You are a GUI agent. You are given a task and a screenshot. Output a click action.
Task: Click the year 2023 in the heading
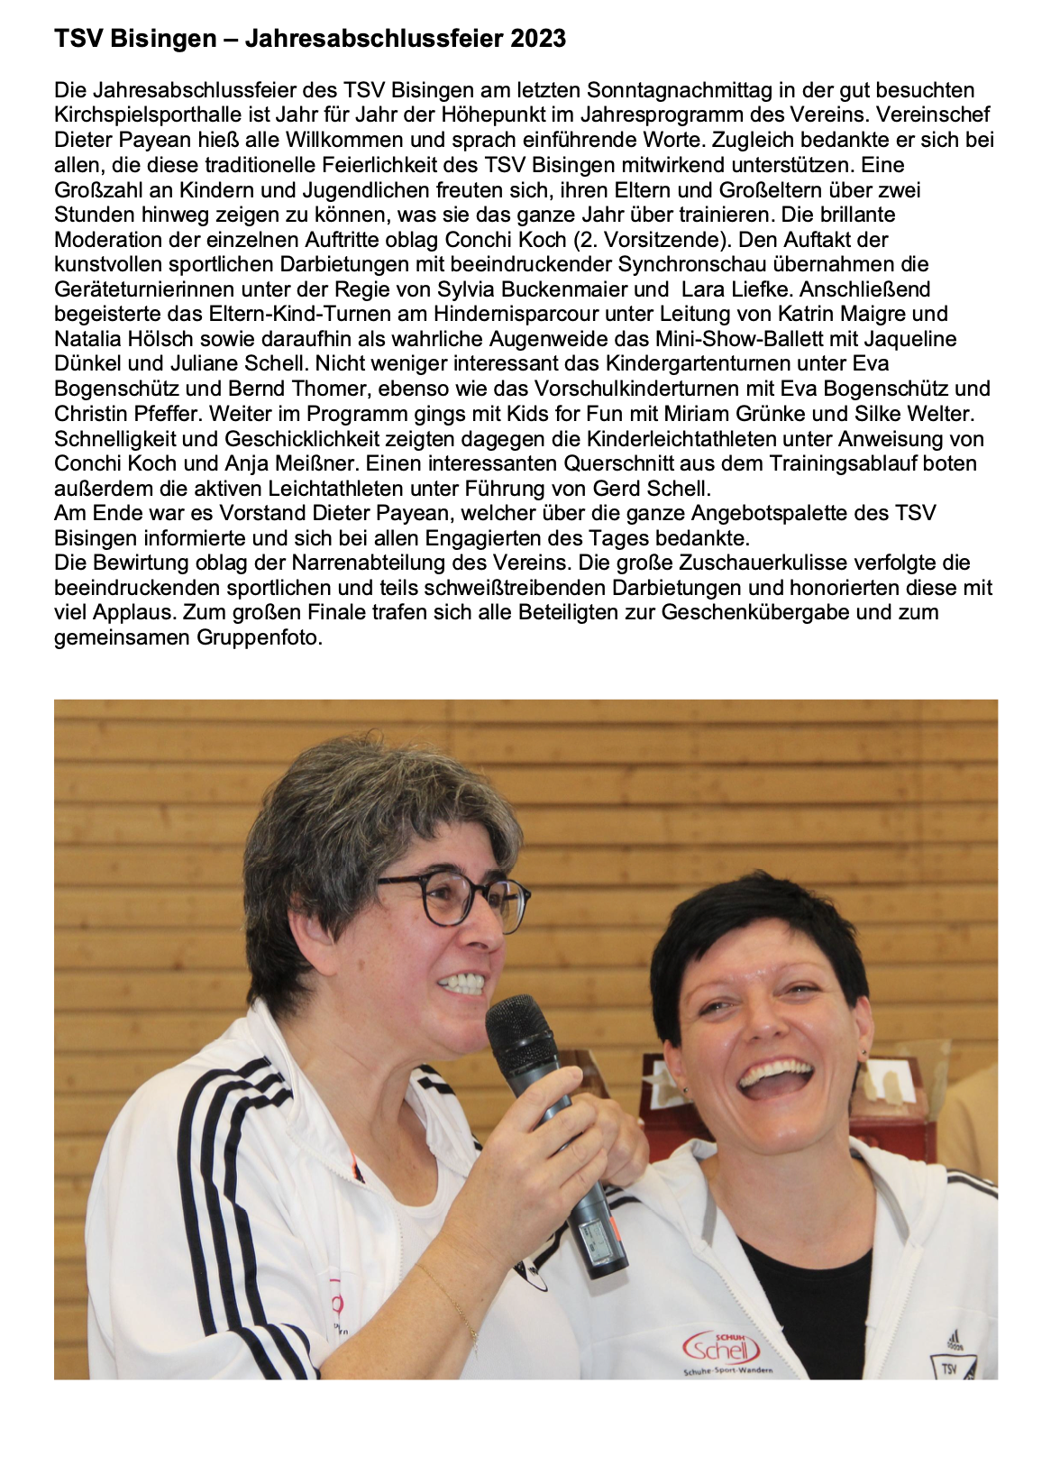[x=537, y=39]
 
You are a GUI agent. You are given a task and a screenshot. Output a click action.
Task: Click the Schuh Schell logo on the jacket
[x=722, y=1350]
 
